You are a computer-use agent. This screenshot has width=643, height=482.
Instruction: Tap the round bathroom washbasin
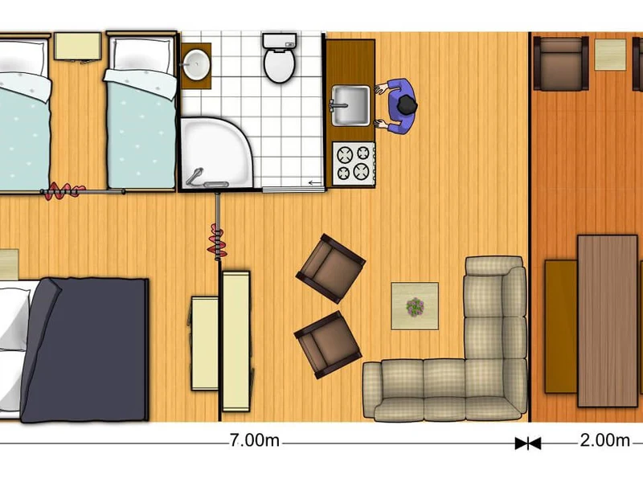point(196,64)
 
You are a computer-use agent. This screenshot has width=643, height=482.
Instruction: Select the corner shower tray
point(215,153)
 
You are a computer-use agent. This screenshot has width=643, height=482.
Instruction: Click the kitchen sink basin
point(350,105)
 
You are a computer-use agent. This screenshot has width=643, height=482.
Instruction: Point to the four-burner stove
point(354,164)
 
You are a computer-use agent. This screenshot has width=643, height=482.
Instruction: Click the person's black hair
point(407,105)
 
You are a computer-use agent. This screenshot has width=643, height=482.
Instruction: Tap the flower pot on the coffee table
point(415,307)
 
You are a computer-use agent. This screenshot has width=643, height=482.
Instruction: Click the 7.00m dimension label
point(255,441)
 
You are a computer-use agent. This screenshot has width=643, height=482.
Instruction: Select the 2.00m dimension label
point(605,441)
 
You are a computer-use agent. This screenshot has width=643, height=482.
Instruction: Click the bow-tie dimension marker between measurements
point(528,443)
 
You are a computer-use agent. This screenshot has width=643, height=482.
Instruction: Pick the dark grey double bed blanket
point(85,349)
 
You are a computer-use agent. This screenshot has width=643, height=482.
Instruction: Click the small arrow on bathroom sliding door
point(315,183)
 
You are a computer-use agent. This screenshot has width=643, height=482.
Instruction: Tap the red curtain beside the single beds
point(63,191)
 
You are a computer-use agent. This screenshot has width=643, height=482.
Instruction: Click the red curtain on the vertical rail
point(217,242)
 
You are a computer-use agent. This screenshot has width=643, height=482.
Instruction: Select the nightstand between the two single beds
point(77,47)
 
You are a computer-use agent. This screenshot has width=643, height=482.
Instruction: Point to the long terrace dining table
point(608,321)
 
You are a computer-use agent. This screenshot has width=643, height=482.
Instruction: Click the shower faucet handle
point(194,176)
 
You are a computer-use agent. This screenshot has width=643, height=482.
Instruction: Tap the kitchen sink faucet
point(338,106)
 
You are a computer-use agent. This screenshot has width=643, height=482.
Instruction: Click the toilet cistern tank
point(279,42)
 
